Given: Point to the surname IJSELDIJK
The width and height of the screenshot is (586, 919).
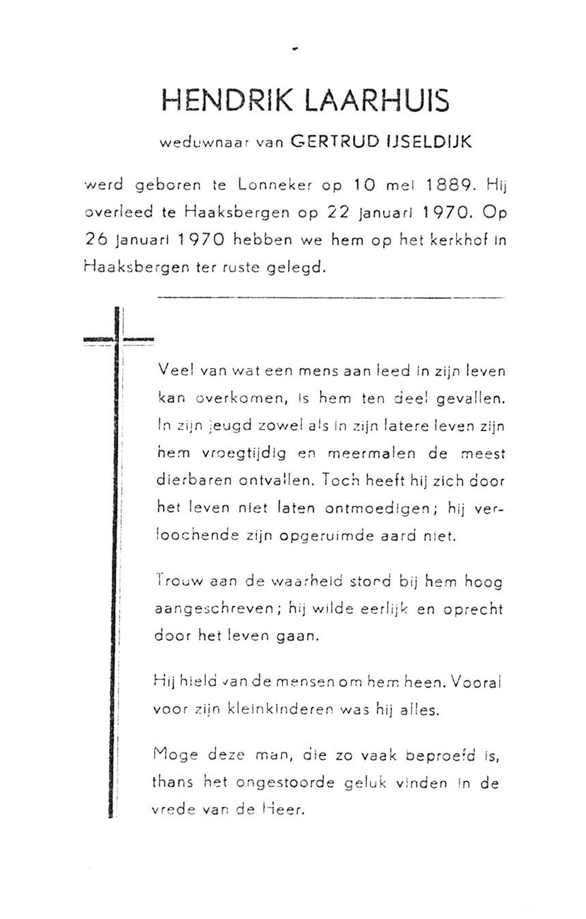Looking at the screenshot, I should (x=429, y=141).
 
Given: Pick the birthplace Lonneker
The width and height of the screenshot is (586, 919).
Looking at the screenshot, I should (x=275, y=185).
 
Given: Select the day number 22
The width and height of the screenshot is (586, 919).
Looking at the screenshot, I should (x=338, y=213).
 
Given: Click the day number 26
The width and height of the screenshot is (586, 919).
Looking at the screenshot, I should (x=97, y=240).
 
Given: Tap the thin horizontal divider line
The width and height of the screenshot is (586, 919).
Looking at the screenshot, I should (x=331, y=297).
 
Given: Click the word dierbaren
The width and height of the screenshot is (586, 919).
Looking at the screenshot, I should (x=194, y=480).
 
